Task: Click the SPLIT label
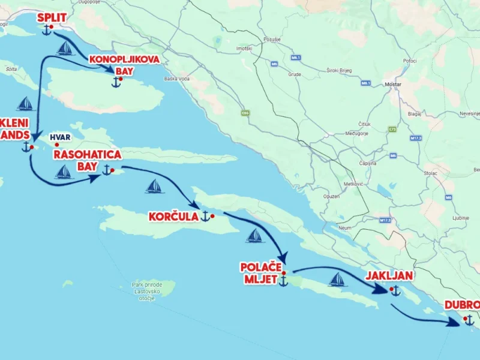pyautogui.click(x=52, y=17)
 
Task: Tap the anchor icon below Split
pyautogui.click(x=47, y=30)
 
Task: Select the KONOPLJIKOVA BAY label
pyautogui.click(x=116, y=65)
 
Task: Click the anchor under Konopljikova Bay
pyautogui.click(x=116, y=82)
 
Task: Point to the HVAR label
pyautogui.click(x=60, y=137)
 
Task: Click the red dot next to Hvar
pyautogui.click(x=57, y=145)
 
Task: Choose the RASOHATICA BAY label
pyautogui.click(x=87, y=160)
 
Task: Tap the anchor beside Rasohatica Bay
pyautogui.click(x=107, y=170)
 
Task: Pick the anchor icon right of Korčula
pyautogui.click(x=205, y=216)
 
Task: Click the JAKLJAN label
pyautogui.click(x=389, y=276)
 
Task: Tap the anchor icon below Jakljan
pyautogui.click(x=395, y=290)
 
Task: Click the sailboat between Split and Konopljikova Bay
pyautogui.click(x=65, y=49)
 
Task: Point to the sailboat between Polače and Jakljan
pyautogui.click(x=338, y=280)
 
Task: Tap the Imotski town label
pyautogui.click(x=244, y=48)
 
